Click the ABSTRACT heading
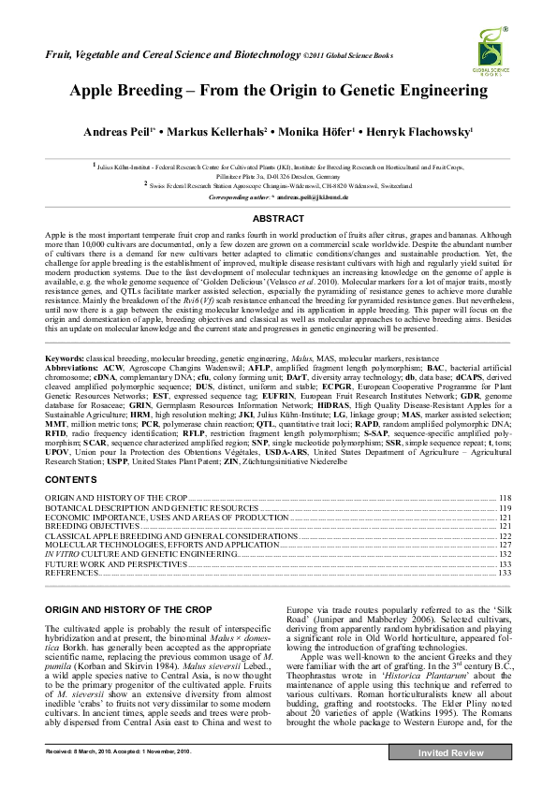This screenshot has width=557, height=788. (278, 217)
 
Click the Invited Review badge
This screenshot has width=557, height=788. (450, 753)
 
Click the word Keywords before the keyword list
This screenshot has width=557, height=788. (66, 359)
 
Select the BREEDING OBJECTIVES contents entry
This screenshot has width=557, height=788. (92, 527)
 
